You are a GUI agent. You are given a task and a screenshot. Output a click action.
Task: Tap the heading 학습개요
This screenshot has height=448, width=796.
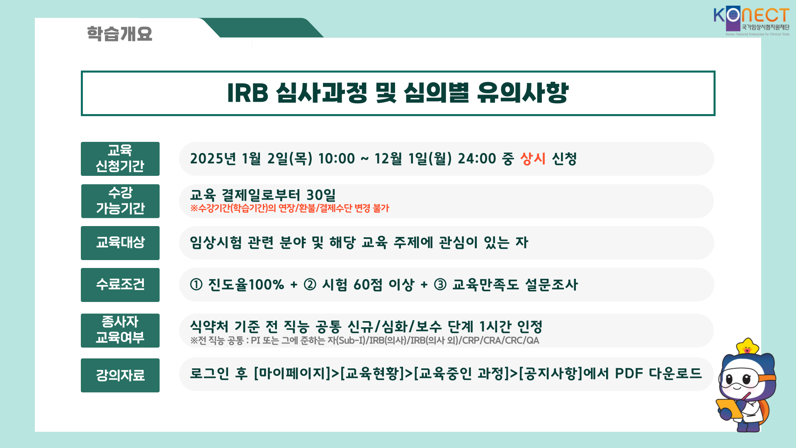point(119,34)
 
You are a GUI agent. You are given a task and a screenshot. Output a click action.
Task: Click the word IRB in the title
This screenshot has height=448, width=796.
point(248,93)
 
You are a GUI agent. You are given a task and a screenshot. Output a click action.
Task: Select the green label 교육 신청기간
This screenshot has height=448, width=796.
point(120,159)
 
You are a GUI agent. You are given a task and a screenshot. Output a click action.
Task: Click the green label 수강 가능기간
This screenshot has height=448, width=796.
point(120,201)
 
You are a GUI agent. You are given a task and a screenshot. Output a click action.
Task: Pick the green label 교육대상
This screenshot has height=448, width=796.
point(120,243)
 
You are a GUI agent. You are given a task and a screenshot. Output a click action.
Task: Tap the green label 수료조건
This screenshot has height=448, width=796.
point(120,285)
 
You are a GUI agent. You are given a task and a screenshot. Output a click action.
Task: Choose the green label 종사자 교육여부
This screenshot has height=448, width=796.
point(120,331)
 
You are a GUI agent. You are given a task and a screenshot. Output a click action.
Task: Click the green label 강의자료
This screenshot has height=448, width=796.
point(120,375)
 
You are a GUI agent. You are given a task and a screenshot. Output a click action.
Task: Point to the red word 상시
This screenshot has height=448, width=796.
point(533,158)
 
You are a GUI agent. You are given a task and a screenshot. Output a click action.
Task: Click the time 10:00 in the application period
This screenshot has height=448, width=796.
point(337,158)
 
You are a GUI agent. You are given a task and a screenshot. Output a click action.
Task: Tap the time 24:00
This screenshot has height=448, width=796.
point(477,158)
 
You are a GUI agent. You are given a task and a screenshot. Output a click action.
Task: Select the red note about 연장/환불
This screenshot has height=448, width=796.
point(290,208)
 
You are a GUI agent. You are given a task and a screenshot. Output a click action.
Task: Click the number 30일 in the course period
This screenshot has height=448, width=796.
point(321,195)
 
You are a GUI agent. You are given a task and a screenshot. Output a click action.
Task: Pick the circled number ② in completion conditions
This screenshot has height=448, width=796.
point(310,285)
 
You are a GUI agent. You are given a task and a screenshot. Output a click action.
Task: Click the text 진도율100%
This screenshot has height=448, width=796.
point(246,285)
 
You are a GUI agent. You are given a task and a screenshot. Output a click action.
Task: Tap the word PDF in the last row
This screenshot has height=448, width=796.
point(629,373)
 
